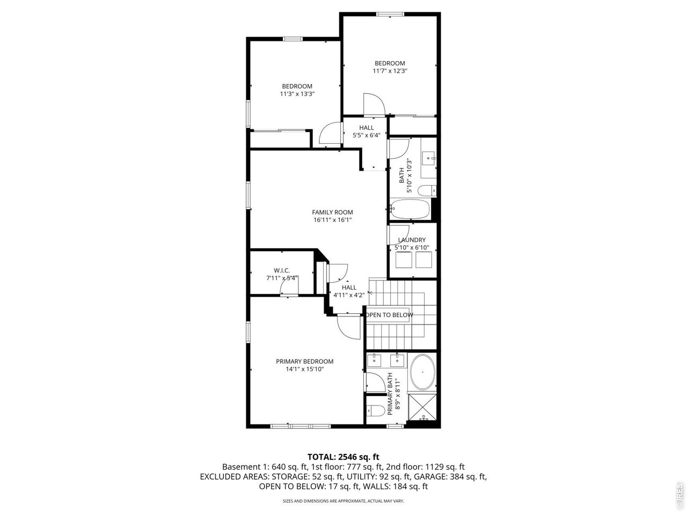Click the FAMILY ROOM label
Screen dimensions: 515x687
click(332, 212)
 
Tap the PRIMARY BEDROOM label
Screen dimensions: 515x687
click(304, 362)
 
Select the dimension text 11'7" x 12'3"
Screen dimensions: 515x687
click(390, 71)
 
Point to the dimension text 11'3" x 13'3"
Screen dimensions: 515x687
click(297, 94)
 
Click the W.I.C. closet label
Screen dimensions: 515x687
click(282, 270)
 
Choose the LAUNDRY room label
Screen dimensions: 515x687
click(412, 240)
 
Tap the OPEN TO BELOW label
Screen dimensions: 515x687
click(390, 315)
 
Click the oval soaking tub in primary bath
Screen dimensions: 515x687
click(423, 372)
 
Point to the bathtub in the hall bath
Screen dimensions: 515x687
click(410, 209)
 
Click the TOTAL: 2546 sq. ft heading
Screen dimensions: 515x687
click(343, 457)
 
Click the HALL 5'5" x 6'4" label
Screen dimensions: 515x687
click(367, 131)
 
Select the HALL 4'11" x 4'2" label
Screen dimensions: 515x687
click(349, 291)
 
